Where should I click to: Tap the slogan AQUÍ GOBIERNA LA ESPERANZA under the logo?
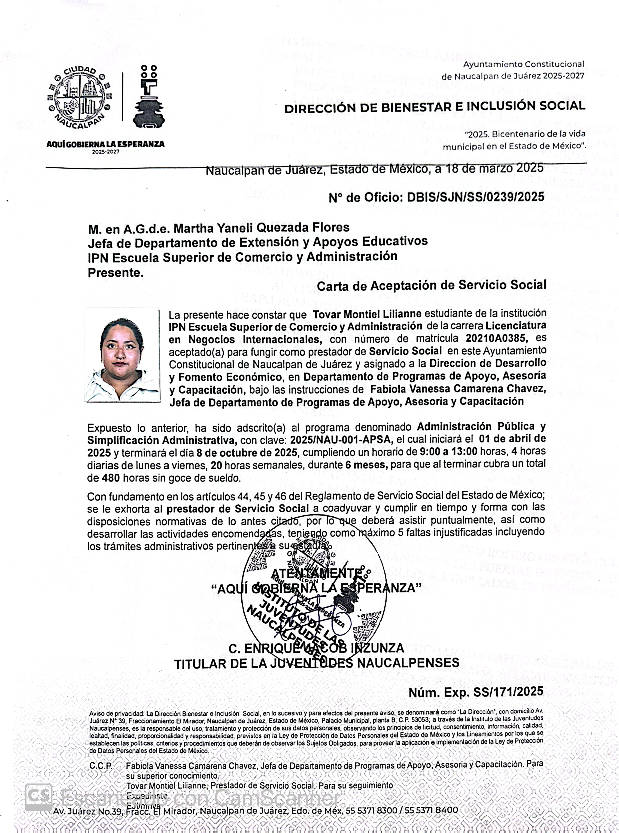coord(105,144)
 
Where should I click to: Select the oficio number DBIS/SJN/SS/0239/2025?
coord(475,197)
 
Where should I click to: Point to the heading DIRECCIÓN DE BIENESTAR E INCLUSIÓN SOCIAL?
coord(435,107)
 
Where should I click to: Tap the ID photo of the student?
coord(122,355)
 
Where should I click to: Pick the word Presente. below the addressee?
coord(116,272)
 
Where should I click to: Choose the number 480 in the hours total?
coord(111,478)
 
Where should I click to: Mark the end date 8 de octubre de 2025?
coord(247,453)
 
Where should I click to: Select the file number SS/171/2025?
coord(508,691)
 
